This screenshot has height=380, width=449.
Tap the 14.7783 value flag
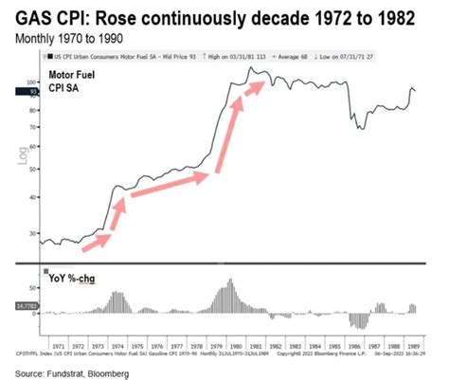tap(19, 306)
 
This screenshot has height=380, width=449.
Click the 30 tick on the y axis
tap(32, 233)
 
